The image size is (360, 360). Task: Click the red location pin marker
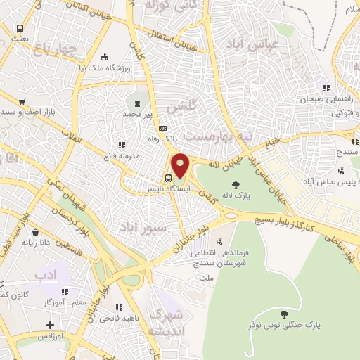181,165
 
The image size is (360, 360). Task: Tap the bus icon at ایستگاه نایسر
169,176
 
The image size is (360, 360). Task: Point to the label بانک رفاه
161,139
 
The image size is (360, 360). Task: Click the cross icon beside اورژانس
49,325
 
